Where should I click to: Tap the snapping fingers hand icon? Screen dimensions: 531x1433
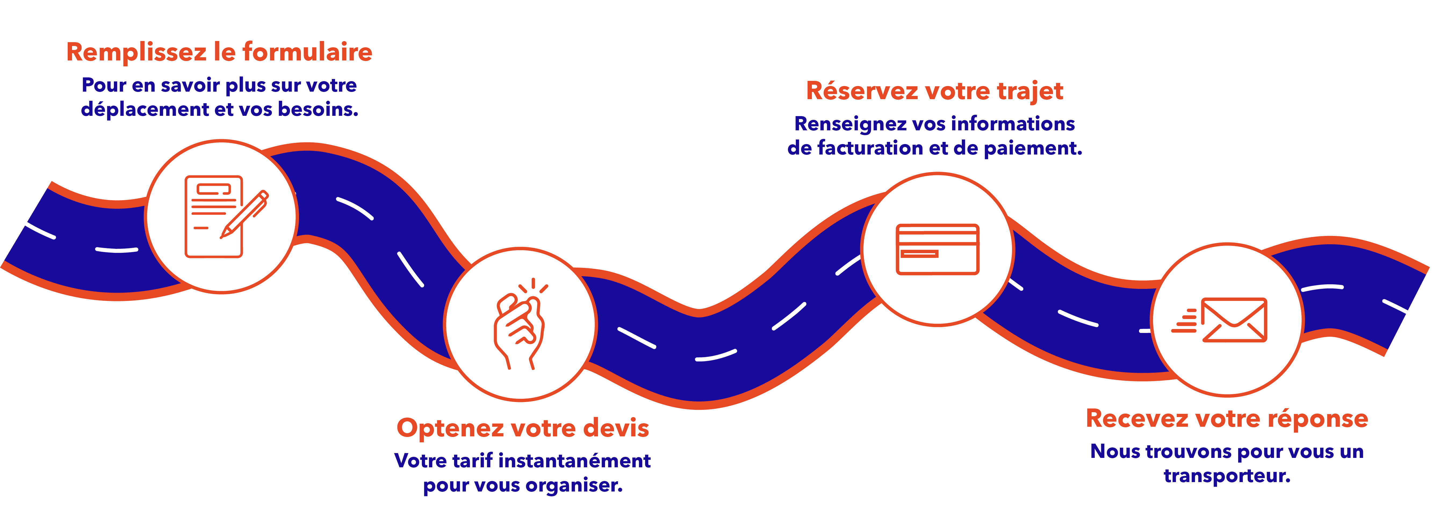coord(520,325)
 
